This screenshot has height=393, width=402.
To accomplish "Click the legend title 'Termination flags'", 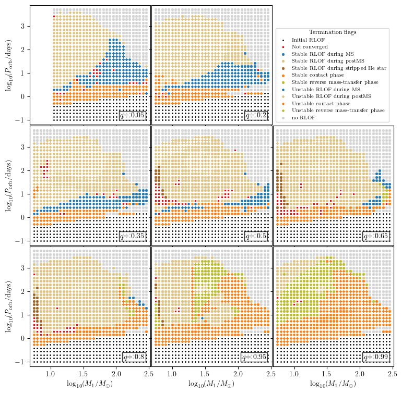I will (x=333, y=32).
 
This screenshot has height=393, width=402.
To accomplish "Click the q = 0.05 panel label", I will (x=132, y=115).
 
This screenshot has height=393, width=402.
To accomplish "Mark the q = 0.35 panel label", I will (x=132, y=236).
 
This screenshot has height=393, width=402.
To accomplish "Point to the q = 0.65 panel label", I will (x=376, y=236).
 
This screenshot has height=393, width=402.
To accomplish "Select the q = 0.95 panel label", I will (x=254, y=357).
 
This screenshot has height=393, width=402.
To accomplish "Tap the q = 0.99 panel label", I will (x=376, y=357).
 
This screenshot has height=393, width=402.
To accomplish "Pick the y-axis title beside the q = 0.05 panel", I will (x=9, y=65).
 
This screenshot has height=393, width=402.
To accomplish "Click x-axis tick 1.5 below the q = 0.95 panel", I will (x=204, y=374).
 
